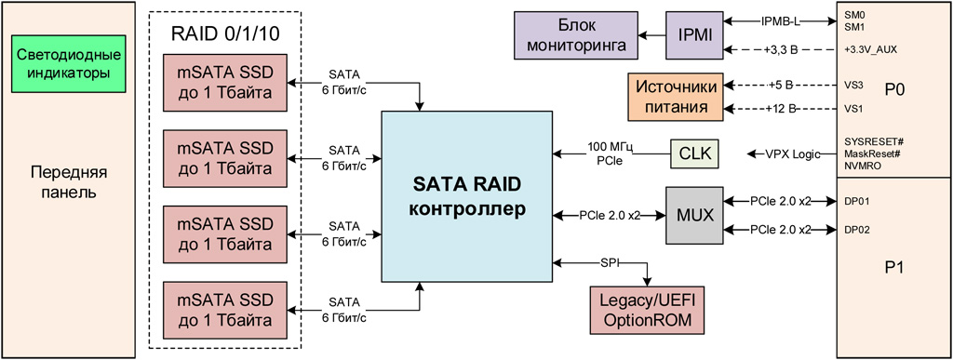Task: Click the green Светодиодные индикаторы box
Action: (x=68, y=64)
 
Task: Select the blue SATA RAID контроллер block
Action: (x=467, y=196)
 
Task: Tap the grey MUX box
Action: (x=694, y=215)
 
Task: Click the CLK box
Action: (x=694, y=154)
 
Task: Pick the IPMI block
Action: (x=694, y=35)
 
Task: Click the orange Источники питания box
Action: (x=676, y=97)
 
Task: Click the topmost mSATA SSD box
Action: (x=225, y=83)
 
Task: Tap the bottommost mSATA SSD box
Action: (x=225, y=310)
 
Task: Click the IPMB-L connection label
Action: (x=781, y=21)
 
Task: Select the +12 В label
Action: (x=781, y=109)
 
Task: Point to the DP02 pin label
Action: (x=855, y=230)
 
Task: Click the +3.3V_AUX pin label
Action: (x=870, y=50)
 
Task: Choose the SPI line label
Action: (x=609, y=261)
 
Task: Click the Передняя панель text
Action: (x=69, y=183)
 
